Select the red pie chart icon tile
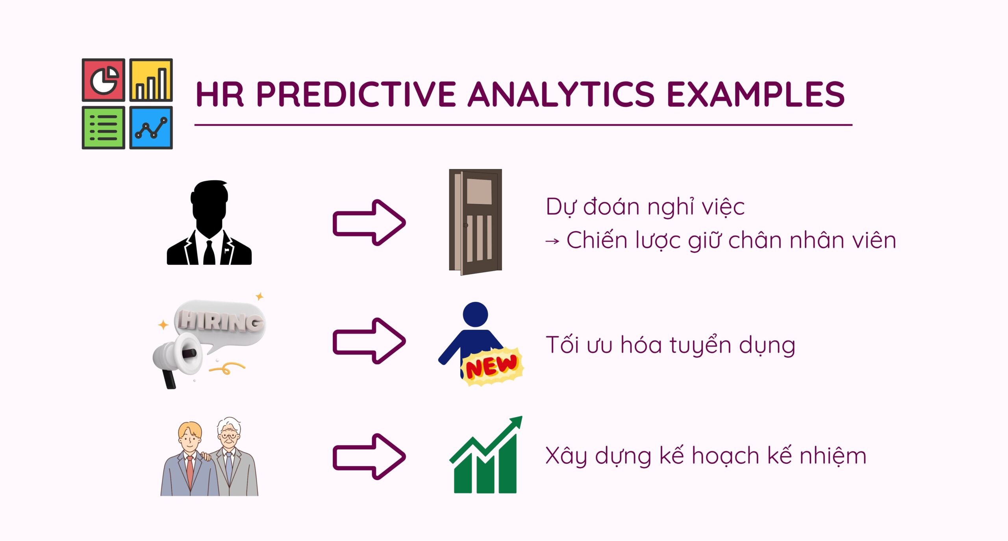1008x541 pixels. [x=104, y=80]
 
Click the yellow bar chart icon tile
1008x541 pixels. [x=151, y=80]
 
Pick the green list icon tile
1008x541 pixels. [x=104, y=127]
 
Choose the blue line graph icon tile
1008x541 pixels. [x=151, y=127]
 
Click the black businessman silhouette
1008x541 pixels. [x=209, y=223]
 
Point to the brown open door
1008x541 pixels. [x=476, y=222]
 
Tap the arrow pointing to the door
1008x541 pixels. [x=369, y=223]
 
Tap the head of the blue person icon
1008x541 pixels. [x=476, y=314]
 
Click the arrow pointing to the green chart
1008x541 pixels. [x=369, y=457]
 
